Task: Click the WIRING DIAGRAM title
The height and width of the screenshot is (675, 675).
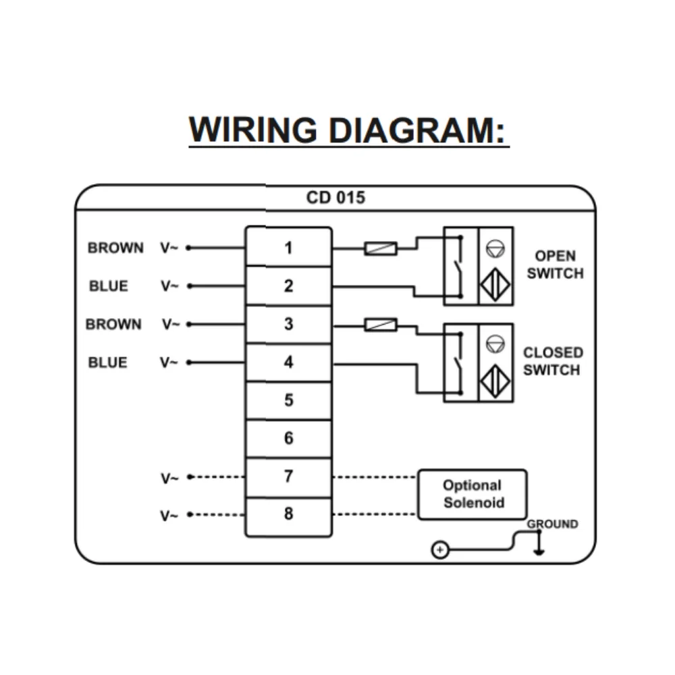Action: coord(348,130)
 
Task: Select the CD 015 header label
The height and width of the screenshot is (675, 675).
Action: coord(335,198)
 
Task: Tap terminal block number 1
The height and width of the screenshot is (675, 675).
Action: coord(288,248)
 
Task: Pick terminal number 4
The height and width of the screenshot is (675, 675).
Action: coord(288,362)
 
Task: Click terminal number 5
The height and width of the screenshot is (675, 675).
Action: coord(288,400)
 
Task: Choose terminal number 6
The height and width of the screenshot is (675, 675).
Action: coord(288,439)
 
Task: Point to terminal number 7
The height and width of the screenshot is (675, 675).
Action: coord(288,477)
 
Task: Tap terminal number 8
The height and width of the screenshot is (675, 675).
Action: coord(288,514)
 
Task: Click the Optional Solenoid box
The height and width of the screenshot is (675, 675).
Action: coord(472,494)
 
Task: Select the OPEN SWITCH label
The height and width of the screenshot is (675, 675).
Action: coord(555,265)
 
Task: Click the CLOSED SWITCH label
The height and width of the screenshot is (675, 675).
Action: coord(552,361)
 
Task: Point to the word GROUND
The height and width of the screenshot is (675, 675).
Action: coord(552,524)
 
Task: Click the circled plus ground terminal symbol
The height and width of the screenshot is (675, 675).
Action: coord(439,550)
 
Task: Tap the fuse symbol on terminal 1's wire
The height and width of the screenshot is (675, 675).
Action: coord(381,248)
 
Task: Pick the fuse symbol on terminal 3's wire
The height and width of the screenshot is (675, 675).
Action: coord(381,325)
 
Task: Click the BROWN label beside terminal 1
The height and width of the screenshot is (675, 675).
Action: coord(115,248)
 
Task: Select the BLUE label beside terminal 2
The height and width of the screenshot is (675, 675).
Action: coord(108,286)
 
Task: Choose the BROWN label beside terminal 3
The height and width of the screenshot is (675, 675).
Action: coord(113,325)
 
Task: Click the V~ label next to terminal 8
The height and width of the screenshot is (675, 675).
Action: coord(169,516)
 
